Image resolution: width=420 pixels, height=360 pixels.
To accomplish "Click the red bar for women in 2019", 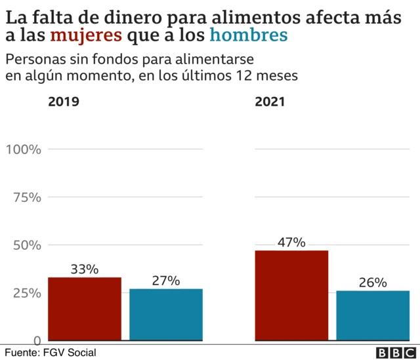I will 85,309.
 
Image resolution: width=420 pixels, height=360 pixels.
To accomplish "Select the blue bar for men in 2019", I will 166,315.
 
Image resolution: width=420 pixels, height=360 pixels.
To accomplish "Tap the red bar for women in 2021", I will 291,296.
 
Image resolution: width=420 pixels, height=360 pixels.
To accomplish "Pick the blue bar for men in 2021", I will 373,315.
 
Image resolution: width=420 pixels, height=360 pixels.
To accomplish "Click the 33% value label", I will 85,269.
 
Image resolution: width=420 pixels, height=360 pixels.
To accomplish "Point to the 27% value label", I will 166,280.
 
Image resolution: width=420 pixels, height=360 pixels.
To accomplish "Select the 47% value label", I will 291,242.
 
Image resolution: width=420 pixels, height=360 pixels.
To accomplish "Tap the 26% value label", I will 373,283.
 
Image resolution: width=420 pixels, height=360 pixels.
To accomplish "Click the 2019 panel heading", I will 64,102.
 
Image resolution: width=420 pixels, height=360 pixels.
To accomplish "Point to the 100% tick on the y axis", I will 24,149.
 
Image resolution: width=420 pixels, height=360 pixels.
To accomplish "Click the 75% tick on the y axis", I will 27,197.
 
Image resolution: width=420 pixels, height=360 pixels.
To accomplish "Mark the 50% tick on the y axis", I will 27,245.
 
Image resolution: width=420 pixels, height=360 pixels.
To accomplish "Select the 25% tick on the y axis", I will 27,292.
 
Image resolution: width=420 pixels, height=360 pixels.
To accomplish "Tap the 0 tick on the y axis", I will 38,340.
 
